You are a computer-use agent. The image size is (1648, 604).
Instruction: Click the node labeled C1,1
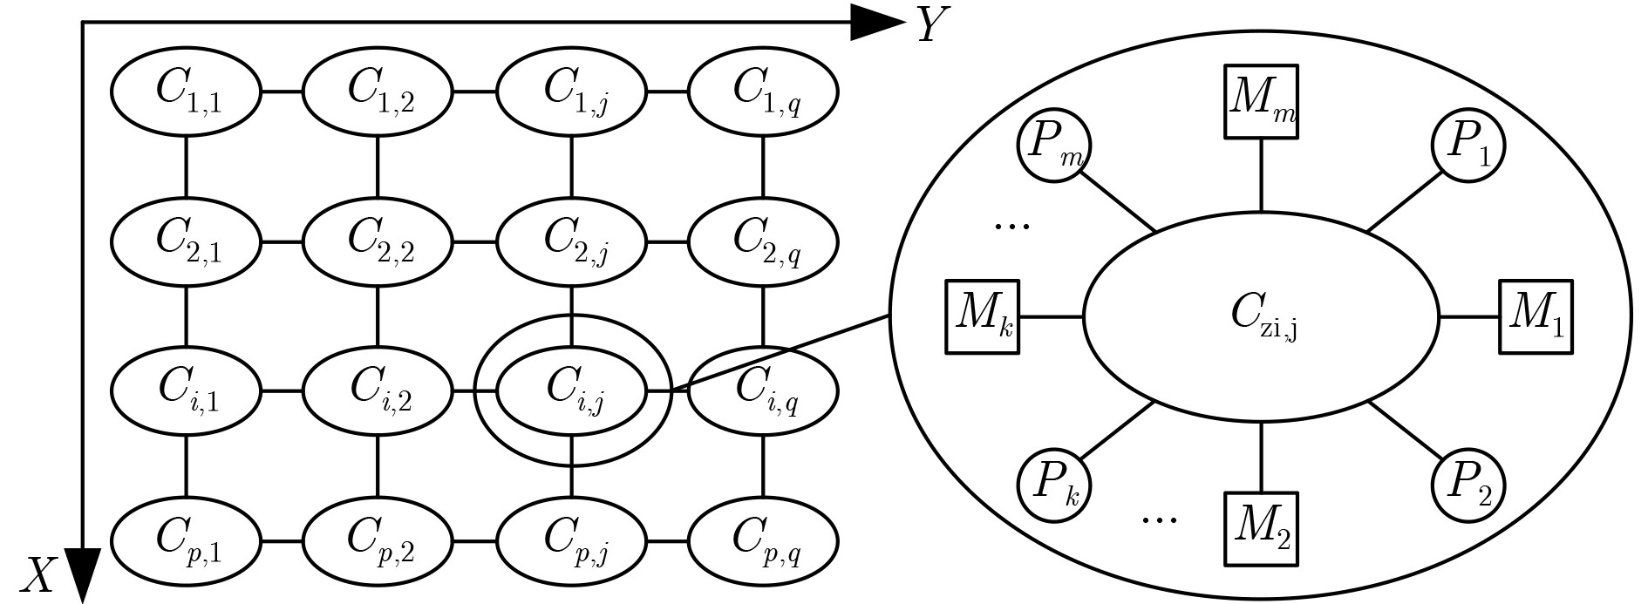click(186, 91)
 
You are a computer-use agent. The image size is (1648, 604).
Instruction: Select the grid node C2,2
click(378, 241)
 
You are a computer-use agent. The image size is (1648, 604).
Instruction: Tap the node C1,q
click(763, 91)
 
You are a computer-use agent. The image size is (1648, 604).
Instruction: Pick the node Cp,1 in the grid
click(186, 541)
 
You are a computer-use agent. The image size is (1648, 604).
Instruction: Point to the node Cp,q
click(763, 541)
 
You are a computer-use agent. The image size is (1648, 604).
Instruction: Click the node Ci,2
click(378, 390)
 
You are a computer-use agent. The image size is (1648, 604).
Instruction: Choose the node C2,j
click(571, 241)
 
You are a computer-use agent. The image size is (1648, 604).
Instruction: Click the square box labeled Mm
click(1261, 101)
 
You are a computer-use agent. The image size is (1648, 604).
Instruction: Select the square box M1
click(1536, 316)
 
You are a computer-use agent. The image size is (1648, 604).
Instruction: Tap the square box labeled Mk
click(984, 316)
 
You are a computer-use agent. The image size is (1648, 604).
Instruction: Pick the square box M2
click(1261, 529)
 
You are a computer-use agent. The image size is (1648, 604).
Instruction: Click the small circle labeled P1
click(1468, 145)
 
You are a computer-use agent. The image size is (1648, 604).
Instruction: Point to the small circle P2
click(1468, 485)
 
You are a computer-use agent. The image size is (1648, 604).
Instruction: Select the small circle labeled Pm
click(1054, 145)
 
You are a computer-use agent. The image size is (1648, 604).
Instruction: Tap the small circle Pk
click(1054, 485)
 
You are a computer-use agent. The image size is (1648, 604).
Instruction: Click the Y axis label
click(932, 25)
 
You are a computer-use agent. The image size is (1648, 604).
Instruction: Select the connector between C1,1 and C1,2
click(282, 91)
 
